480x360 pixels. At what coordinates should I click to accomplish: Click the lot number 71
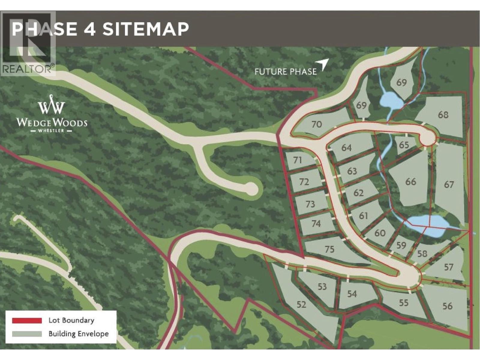pyautogui.click(x=298, y=160)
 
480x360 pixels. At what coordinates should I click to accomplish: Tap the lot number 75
pyautogui.click(x=329, y=249)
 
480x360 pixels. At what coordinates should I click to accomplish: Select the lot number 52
pyautogui.click(x=301, y=305)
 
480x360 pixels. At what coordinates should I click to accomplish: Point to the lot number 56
pyautogui.click(x=447, y=306)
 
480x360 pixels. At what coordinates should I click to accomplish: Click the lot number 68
pyautogui.click(x=443, y=115)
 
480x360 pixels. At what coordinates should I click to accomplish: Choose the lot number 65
pyautogui.click(x=404, y=145)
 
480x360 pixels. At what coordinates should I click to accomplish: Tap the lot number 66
pyautogui.click(x=410, y=181)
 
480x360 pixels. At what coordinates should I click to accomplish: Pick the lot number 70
pyautogui.click(x=316, y=124)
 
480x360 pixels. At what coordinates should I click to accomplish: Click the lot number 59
pyautogui.click(x=401, y=246)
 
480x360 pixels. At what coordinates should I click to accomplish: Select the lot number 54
pyautogui.click(x=352, y=294)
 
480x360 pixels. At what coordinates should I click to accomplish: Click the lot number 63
pyautogui.click(x=352, y=171)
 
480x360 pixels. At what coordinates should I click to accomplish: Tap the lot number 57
pyautogui.click(x=448, y=267)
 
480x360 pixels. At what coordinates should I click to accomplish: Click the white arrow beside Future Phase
pyautogui.click(x=324, y=64)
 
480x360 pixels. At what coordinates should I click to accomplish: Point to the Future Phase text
pyautogui.click(x=285, y=72)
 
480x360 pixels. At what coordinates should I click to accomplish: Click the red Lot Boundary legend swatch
pyautogui.click(x=27, y=320)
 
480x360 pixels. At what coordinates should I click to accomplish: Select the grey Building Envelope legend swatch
pyautogui.click(x=27, y=334)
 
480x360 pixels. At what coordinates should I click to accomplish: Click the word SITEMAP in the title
pyautogui.click(x=146, y=29)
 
